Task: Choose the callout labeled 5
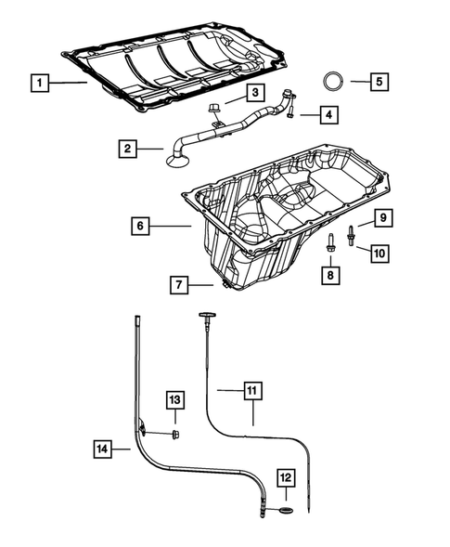(x=379, y=82)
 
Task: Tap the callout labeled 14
(x=105, y=449)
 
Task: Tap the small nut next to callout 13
(x=175, y=433)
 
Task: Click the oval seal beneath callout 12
(x=284, y=511)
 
